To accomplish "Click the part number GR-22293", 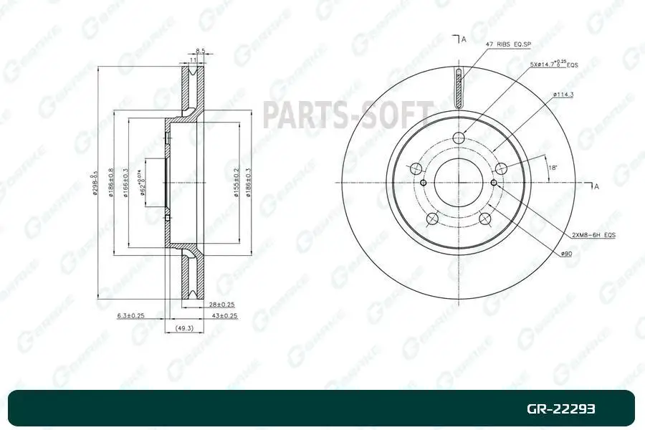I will tap(561, 409).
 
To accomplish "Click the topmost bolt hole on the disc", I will tap(459, 139).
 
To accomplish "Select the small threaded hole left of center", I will tap(424, 183).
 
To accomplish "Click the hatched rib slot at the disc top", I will tap(459, 86).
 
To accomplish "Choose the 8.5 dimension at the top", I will tap(201, 51).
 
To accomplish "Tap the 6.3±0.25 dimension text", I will tap(131, 315).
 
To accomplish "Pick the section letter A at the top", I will tap(464, 39).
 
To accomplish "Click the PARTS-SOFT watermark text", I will tap(348, 115).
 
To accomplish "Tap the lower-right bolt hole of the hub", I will tap(486, 219).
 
